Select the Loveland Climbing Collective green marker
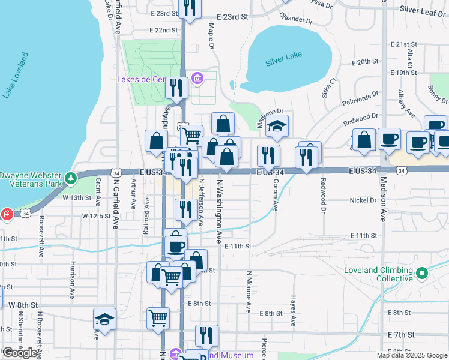point(422,274)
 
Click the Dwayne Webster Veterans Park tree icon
point(71,178)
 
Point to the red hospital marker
point(7,214)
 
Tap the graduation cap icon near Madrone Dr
point(277,126)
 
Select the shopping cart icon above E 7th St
point(158,318)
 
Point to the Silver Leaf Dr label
point(423,10)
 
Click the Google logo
point(20,353)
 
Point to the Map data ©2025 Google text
point(411,355)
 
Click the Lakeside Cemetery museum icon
point(197,79)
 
